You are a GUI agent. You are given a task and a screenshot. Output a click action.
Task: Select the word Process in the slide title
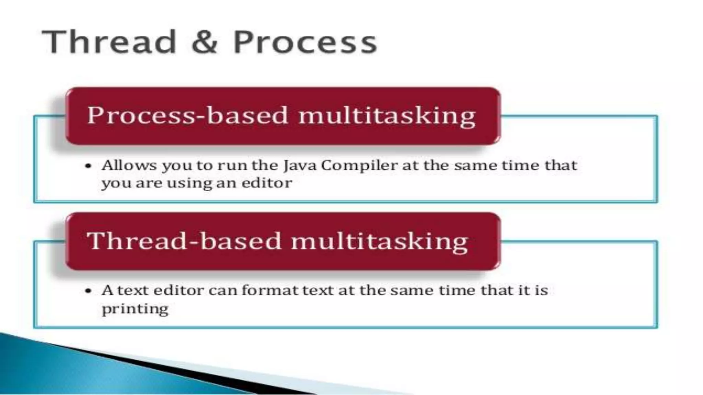click(305, 43)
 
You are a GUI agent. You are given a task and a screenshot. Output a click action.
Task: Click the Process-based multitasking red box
click(283, 116)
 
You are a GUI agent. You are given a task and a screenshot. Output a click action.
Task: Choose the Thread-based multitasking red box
click(283, 241)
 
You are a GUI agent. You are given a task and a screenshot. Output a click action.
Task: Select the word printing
click(135, 309)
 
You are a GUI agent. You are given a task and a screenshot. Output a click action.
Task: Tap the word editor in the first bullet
click(267, 183)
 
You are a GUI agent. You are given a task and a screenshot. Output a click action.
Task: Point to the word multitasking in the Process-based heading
click(387, 116)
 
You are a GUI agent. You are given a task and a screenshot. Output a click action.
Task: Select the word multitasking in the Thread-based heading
click(379, 241)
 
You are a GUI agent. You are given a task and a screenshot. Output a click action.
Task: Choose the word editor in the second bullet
click(178, 291)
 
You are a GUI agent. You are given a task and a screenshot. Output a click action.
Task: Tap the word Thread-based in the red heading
click(184, 241)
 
